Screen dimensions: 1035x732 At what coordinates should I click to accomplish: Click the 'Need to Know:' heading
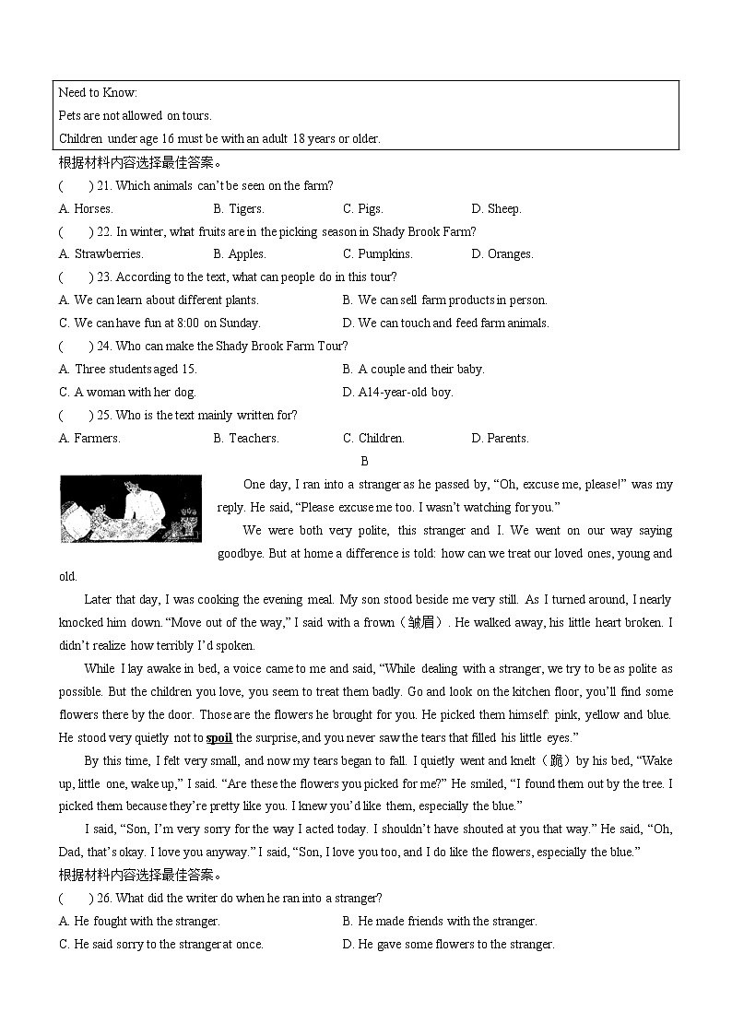[x=98, y=92]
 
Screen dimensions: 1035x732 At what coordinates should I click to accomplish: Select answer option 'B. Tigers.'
[x=239, y=208]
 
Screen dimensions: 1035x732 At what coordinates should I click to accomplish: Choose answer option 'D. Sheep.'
[x=496, y=208]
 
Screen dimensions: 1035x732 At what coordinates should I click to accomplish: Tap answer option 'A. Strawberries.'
[x=101, y=253]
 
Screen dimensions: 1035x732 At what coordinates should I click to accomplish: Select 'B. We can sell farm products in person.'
[x=444, y=300]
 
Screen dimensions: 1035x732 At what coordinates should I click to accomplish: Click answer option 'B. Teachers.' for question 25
[x=246, y=438]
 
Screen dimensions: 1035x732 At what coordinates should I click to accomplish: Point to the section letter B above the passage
[x=365, y=461]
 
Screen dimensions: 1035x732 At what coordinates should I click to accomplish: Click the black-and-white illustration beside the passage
[x=130, y=509]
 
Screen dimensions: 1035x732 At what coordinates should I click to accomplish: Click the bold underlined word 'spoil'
[x=219, y=737]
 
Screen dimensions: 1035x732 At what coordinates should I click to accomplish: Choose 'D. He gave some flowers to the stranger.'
[x=448, y=944]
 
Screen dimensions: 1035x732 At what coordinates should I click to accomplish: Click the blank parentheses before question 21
[x=77, y=185]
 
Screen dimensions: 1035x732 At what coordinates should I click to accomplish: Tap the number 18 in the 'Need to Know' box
[x=300, y=138]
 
